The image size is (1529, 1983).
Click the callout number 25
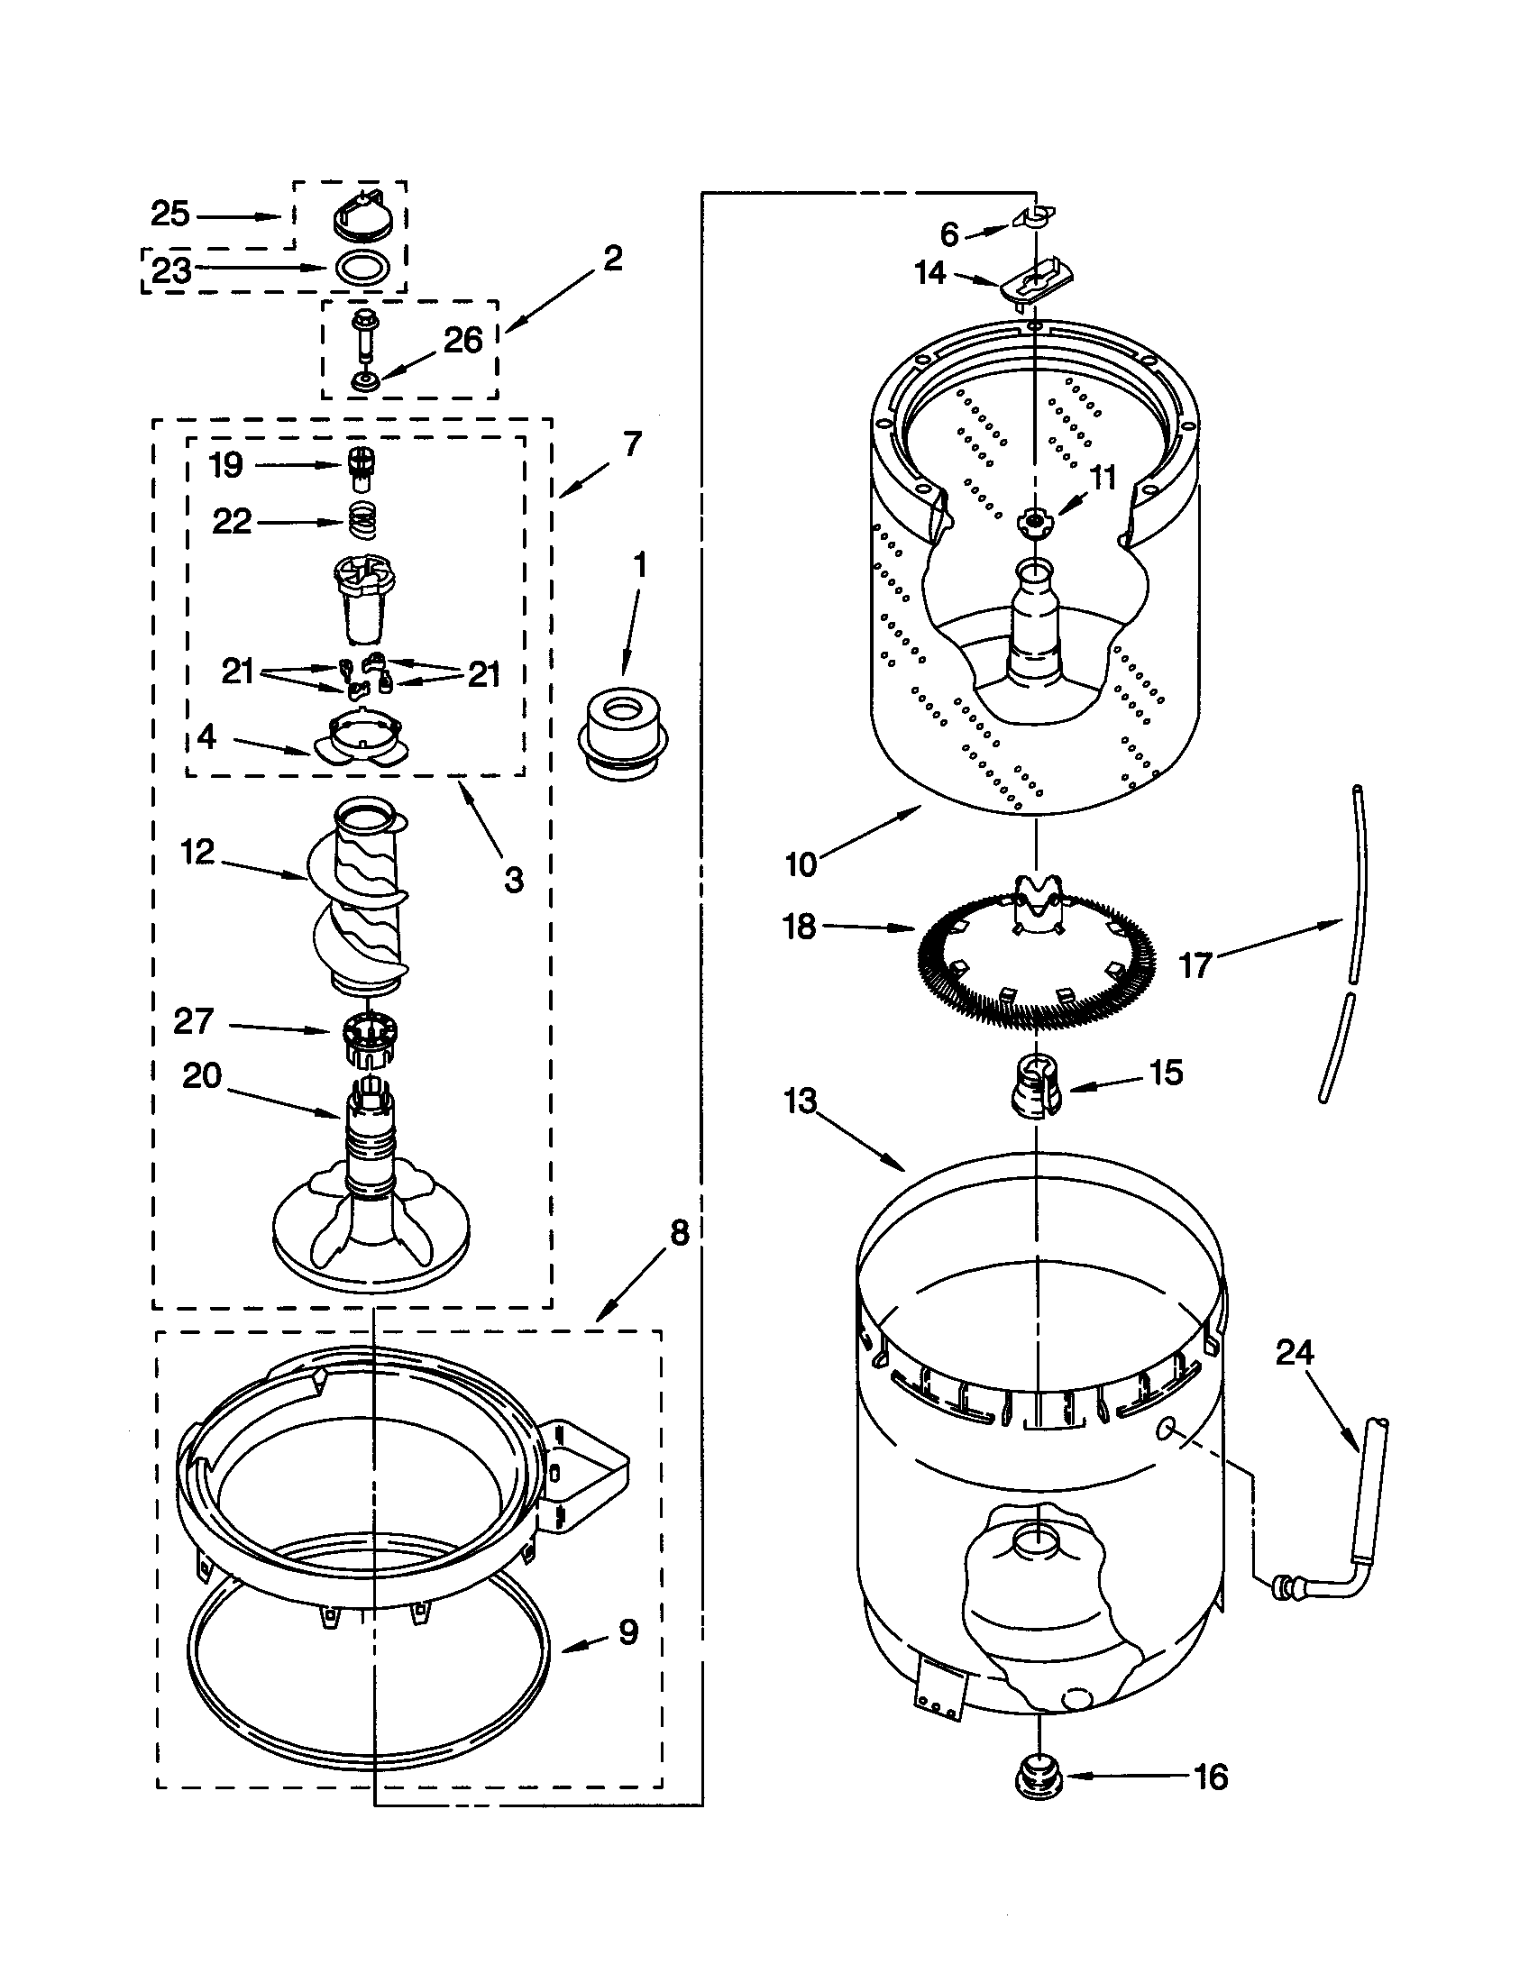tap(169, 215)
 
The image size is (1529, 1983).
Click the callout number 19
tap(226, 465)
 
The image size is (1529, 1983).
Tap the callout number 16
tap(1209, 1777)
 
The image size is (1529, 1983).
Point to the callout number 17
tap(1195, 965)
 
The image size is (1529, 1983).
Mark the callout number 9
tap(628, 1632)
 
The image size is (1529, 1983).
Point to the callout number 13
tap(801, 1102)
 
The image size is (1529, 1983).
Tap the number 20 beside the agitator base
tap(202, 1076)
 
